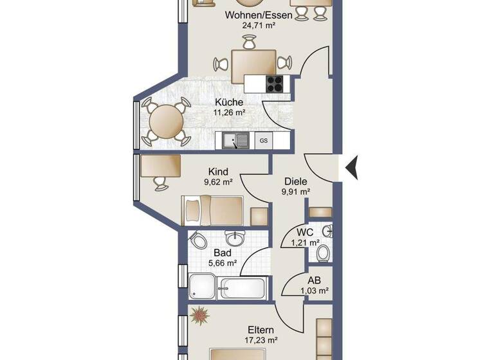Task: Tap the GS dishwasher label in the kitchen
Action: (264, 139)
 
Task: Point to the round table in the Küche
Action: (166, 120)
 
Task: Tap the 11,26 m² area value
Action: (229, 113)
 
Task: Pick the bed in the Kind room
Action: (213, 209)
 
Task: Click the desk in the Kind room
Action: (161, 167)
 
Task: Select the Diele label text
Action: (296, 181)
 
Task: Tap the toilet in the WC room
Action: (323, 252)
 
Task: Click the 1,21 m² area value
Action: (305, 242)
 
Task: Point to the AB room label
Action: (315, 280)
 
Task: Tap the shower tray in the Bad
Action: (202, 285)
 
